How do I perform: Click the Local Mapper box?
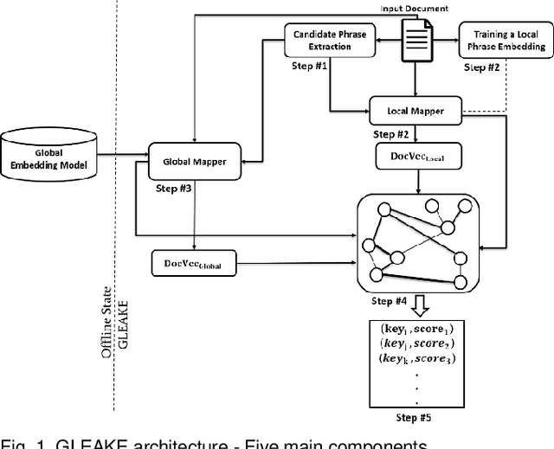(x=414, y=111)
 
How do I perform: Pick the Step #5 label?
(x=415, y=420)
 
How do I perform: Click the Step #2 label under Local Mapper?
(x=391, y=135)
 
